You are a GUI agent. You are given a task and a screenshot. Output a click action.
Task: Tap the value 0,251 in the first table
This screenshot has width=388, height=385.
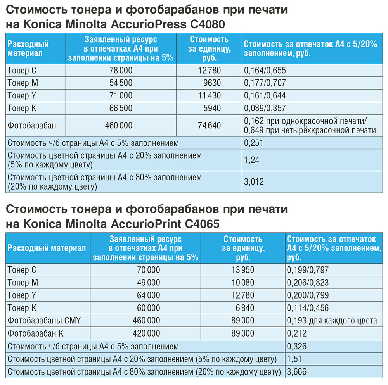pos(254,143)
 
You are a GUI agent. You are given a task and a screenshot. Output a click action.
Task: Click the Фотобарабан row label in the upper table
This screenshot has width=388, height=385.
pos(32,125)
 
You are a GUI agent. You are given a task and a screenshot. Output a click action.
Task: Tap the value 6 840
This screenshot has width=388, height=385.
pos(245,308)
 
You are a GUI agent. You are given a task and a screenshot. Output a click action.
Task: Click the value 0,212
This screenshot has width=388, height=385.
pos(297,333)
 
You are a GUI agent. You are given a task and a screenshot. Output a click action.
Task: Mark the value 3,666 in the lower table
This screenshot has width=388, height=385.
pos(297,372)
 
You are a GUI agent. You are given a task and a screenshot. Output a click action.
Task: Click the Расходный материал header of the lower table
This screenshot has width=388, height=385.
pos(47,249)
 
